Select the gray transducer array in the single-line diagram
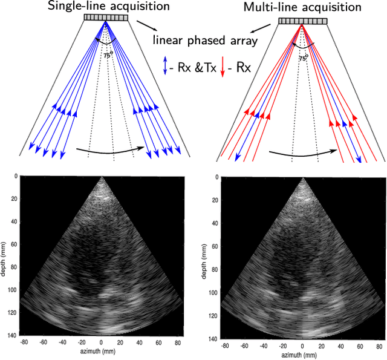point(106,18)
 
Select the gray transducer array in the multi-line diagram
point(302,21)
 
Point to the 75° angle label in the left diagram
point(107,54)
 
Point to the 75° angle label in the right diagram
point(303,58)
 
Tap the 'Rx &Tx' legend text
point(194,66)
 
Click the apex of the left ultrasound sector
point(101,177)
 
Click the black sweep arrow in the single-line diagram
point(112,149)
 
